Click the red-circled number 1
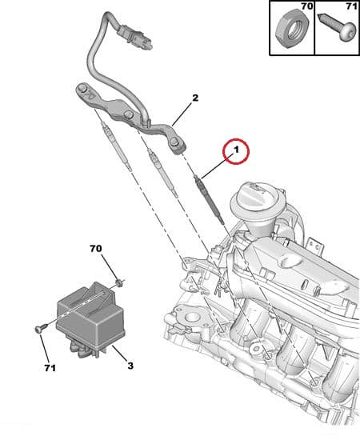coord(236,149)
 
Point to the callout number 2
coord(194,99)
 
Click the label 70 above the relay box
coord(97,250)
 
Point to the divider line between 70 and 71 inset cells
coord(314,28)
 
